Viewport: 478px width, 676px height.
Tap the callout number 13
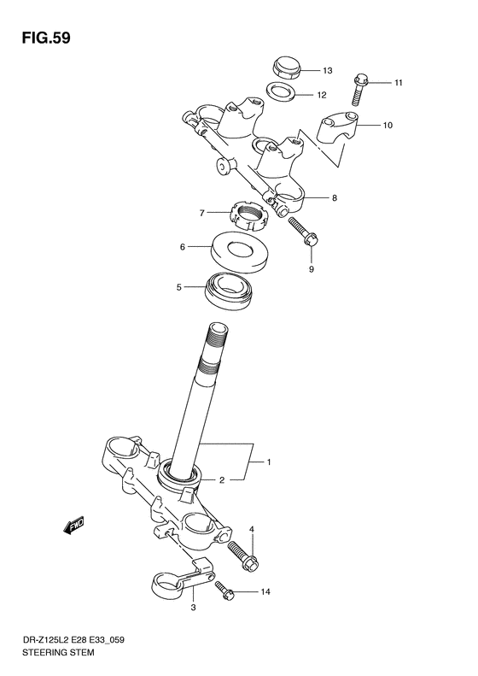click(x=327, y=70)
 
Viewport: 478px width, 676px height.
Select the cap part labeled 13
click(x=284, y=66)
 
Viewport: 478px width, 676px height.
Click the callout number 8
click(x=335, y=198)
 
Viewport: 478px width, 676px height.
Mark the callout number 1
click(x=269, y=462)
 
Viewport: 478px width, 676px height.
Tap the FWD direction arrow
click(x=74, y=524)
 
